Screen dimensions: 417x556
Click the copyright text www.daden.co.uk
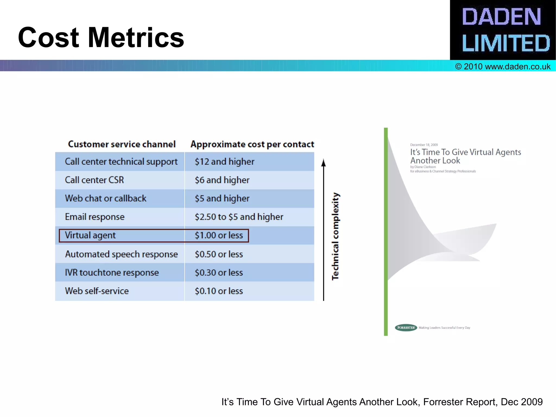click(503, 67)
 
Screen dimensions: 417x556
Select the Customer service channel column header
click(122, 144)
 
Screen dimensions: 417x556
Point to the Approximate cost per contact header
click(252, 144)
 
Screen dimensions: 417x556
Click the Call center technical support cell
click(121, 162)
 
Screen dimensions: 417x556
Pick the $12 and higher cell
click(225, 162)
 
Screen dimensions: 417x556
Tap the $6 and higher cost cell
click(222, 180)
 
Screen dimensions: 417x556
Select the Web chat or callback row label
click(106, 198)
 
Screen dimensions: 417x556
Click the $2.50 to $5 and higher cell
click(239, 217)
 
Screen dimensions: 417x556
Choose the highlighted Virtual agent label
click(90, 235)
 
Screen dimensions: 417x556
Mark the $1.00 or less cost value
click(219, 235)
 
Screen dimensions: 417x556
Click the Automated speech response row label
click(121, 254)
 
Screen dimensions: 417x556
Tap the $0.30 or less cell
click(219, 272)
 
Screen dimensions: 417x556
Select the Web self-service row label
click(97, 291)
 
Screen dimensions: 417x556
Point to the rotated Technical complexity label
click(336, 236)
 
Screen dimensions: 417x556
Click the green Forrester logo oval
click(406, 328)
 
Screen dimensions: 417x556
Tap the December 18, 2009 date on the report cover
click(424, 145)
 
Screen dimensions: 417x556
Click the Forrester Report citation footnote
click(382, 402)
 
